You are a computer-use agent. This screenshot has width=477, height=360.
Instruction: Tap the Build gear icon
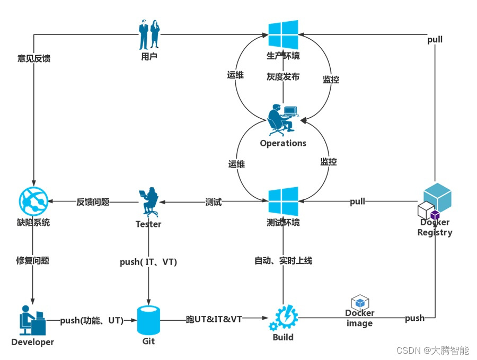coord(284,318)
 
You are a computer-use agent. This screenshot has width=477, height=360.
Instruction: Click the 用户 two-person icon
coord(149,35)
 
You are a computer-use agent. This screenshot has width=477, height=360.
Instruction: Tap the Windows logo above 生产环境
coord(283,34)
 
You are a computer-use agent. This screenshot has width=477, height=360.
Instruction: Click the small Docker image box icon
coord(360,302)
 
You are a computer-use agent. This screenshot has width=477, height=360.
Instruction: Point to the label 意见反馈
coord(34,58)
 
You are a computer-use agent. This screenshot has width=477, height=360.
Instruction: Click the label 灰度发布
coord(283,77)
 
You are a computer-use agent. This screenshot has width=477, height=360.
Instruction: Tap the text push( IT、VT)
coord(148,262)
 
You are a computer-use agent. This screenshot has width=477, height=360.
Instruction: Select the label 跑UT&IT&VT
coord(214,320)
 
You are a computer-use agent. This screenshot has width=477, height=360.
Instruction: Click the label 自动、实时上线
coord(283,260)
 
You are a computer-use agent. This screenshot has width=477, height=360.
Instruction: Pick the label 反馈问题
coord(93,202)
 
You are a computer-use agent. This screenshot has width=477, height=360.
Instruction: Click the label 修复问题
coord(33,260)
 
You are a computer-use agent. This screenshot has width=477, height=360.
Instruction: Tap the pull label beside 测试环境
coord(358,201)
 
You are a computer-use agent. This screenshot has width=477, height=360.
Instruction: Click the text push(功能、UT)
coord(92,320)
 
